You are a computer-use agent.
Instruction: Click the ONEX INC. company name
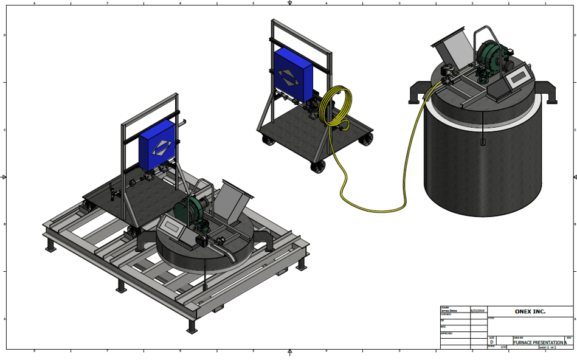coord(530,311)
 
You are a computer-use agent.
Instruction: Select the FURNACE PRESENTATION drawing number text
coord(538,342)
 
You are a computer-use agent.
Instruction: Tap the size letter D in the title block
coord(491,342)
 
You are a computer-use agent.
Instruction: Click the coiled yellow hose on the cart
coord(336,108)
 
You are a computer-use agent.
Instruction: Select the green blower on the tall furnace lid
coord(491,58)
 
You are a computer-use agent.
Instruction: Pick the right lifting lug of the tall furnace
coord(551,95)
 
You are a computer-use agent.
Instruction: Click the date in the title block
coord(479,310)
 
